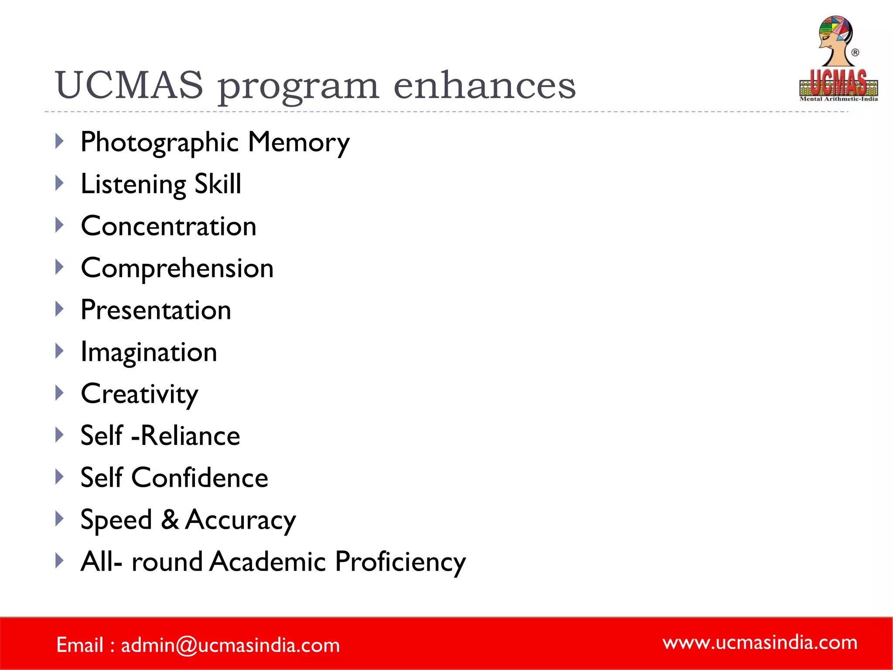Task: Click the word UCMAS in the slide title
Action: [x=130, y=85]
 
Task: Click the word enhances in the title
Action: [x=484, y=85]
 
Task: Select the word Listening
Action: [x=133, y=185]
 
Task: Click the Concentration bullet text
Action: [x=169, y=226]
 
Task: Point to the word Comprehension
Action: [x=177, y=268]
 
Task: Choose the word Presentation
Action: [x=156, y=310]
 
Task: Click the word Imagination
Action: [x=149, y=352]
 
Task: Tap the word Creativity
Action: [x=140, y=394]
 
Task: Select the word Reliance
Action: [x=191, y=436]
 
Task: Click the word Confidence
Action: [x=200, y=478]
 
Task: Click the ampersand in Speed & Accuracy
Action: [x=170, y=520]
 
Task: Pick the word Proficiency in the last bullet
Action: [x=400, y=561]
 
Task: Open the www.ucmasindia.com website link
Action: [x=760, y=643]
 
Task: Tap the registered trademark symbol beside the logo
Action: [x=856, y=53]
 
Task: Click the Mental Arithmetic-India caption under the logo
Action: [x=838, y=99]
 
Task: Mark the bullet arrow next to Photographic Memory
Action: [x=60, y=141]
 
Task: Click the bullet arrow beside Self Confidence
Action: [x=60, y=476]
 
